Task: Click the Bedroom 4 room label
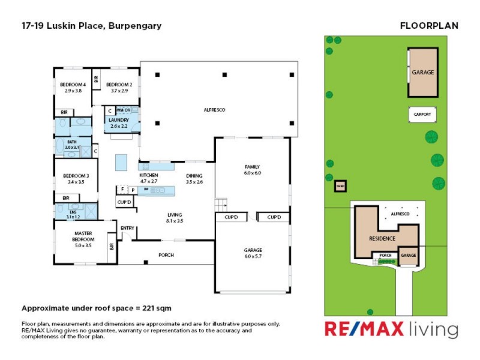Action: point(73,85)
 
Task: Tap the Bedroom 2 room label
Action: point(119,85)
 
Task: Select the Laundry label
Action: point(119,120)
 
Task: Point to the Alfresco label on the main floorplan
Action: point(214,110)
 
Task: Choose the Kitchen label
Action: point(148,175)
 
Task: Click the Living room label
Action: point(175,215)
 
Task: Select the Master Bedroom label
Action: point(83,236)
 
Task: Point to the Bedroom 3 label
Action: point(74,176)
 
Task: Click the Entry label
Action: point(127,228)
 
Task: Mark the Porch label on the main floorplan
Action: point(166,255)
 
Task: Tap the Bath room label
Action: point(71,142)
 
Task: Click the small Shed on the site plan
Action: point(340,186)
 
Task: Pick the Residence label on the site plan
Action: point(382,238)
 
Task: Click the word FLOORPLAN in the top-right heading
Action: point(428,26)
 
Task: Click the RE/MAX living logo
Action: point(391,329)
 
